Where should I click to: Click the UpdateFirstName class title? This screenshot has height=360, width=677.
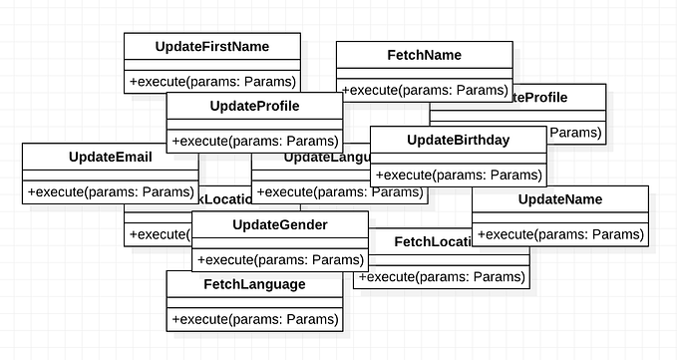(212, 47)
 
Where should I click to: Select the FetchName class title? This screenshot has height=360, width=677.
(424, 55)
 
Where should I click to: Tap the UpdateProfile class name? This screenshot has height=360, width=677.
(254, 106)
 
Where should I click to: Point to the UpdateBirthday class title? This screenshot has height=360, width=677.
(458, 140)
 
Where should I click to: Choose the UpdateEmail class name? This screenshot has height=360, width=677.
(110, 157)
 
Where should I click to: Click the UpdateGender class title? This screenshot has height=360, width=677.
(279, 224)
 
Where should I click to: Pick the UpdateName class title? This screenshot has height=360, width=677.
(559, 199)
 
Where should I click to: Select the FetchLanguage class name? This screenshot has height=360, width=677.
(254, 284)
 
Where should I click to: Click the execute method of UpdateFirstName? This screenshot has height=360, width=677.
(212, 80)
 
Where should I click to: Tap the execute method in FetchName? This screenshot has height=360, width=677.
(424, 90)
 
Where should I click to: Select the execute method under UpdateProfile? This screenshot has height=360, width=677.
(254, 140)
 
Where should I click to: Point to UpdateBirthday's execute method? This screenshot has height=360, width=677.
(458, 175)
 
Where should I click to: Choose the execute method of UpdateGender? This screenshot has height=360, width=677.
(279, 260)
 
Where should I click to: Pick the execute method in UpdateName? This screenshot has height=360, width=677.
(559, 235)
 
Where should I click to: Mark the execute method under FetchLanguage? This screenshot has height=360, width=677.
(254, 319)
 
